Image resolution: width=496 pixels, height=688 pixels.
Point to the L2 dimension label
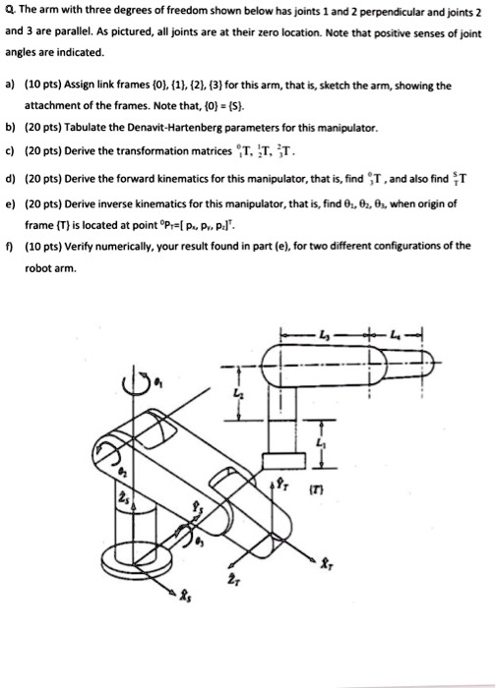point(248,393)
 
